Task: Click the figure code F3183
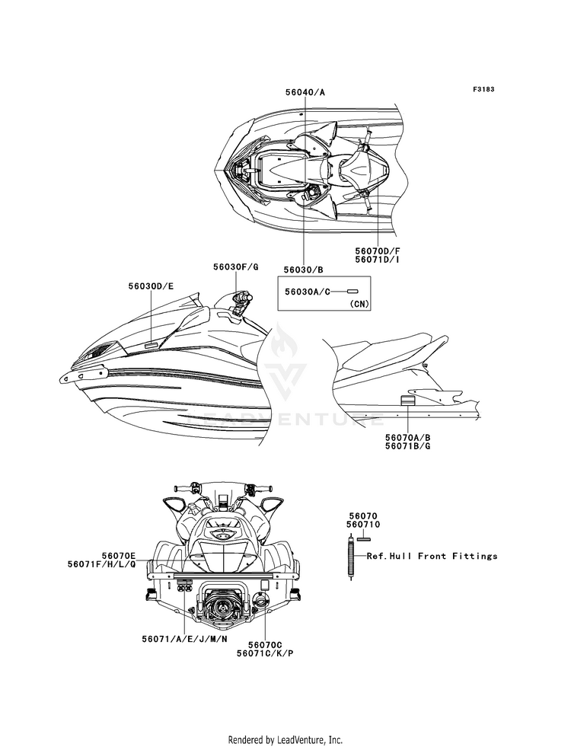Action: coord(483,89)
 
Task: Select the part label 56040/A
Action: coord(305,91)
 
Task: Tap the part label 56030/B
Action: coord(304,270)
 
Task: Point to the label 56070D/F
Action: coord(377,249)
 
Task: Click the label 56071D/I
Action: coord(377,260)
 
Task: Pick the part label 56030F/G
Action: coord(235,267)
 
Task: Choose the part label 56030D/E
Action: coord(151,286)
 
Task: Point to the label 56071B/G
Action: coord(407,448)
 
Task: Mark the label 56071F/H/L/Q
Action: coord(101,566)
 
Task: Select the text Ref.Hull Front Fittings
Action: coord(432,556)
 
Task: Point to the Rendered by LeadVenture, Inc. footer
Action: coord(285,739)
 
